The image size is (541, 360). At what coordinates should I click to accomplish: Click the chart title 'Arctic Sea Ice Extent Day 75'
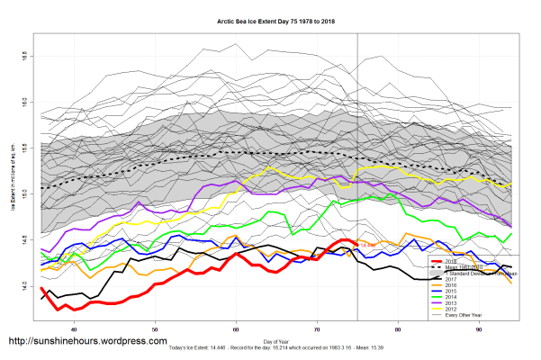(x=270, y=19)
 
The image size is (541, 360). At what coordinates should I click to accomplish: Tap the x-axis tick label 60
(x=236, y=329)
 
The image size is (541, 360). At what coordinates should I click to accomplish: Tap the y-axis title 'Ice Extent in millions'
(x=11, y=180)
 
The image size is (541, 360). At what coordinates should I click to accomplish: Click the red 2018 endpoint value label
(x=366, y=244)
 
